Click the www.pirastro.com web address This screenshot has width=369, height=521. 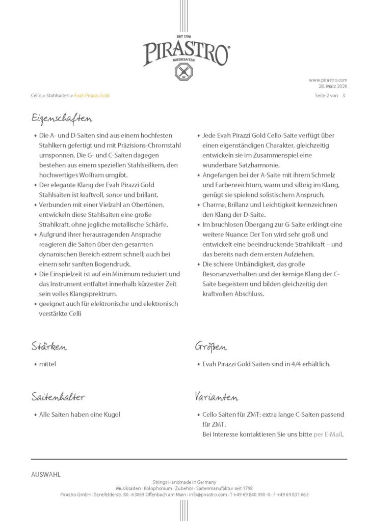click(328, 80)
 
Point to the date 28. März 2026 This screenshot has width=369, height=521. click(333, 86)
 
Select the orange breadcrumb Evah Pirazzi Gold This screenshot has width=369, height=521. click(92, 96)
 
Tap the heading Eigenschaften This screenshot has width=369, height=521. click(61, 119)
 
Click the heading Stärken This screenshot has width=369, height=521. click(49, 347)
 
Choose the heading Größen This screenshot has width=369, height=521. click(210, 347)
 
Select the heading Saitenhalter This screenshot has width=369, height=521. click(58, 397)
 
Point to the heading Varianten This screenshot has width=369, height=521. click(216, 397)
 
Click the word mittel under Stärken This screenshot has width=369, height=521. click(47, 364)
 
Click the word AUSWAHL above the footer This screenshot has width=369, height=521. click(46, 474)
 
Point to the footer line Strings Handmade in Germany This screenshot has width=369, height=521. click(184, 482)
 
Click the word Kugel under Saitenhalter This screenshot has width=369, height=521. click(111, 414)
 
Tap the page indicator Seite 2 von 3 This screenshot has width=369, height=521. click(330, 96)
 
